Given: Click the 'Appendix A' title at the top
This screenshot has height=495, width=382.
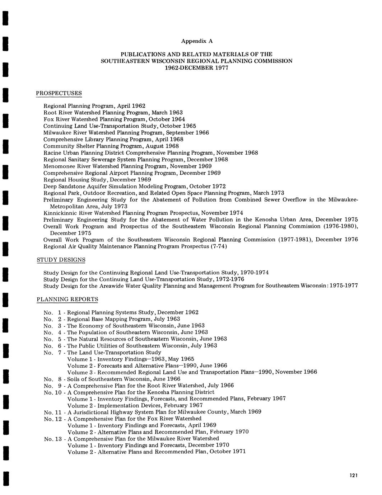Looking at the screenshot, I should [197, 41].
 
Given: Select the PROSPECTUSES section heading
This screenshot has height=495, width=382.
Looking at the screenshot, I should [59, 93].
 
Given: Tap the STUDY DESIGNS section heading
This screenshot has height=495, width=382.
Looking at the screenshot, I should [61, 260].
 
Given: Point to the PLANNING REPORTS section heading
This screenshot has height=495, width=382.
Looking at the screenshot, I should [67, 299].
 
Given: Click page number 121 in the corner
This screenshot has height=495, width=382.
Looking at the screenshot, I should [353, 476].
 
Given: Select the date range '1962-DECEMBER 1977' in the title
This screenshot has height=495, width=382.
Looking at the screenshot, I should [196, 68].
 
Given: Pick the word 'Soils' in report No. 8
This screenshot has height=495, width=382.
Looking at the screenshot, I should [74, 379].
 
